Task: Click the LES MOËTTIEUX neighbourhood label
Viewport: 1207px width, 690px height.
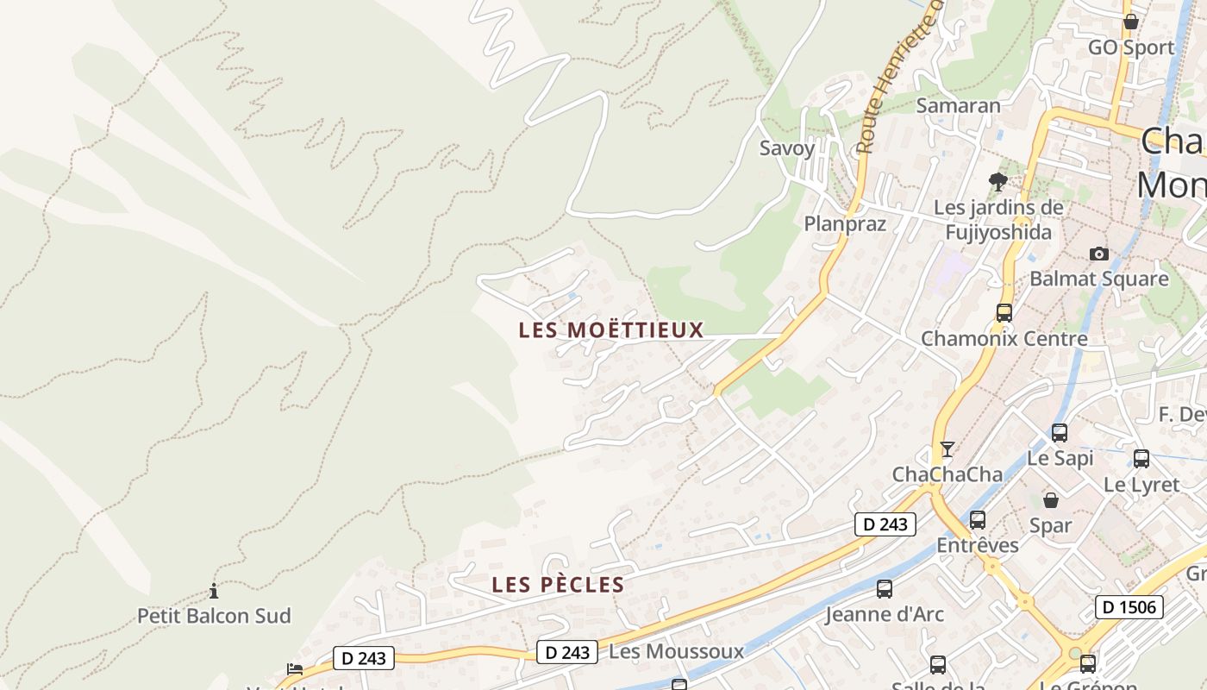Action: click(x=611, y=329)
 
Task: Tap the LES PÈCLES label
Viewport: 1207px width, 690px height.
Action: click(x=558, y=585)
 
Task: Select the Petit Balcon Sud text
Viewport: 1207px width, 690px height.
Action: click(x=214, y=616)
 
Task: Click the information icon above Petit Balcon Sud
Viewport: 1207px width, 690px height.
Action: click(x=214, y=592)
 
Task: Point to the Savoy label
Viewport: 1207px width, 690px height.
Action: click(x=786, y=147)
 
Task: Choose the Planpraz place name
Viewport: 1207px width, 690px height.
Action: click(x=845, y=224)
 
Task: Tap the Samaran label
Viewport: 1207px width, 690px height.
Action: click(x=958, y=105)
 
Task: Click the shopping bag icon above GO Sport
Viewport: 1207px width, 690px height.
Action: click(x=1131, y=22)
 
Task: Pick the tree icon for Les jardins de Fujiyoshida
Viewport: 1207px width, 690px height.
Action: click(x=998, y=182)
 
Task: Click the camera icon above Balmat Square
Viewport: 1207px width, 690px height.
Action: click(x=1098, y=254)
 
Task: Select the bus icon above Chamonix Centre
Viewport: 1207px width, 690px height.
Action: click(x=1004, y=313)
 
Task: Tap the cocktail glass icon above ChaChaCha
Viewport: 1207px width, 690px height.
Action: click(x=947, y=449)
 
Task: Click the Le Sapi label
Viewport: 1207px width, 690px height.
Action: click(x=1060, y=458)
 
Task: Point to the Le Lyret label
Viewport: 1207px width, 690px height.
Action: click(x=1141, y=485)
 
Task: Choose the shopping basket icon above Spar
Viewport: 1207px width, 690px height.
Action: click(x=1051, y=500)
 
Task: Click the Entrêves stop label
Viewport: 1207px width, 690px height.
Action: click(x=978, y=545)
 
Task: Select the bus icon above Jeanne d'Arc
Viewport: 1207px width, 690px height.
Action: click(x=885, y=589)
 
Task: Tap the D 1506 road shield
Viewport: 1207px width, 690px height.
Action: click(x=1129, y=607)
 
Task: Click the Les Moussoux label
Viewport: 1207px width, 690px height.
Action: click(x=676, y=651)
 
